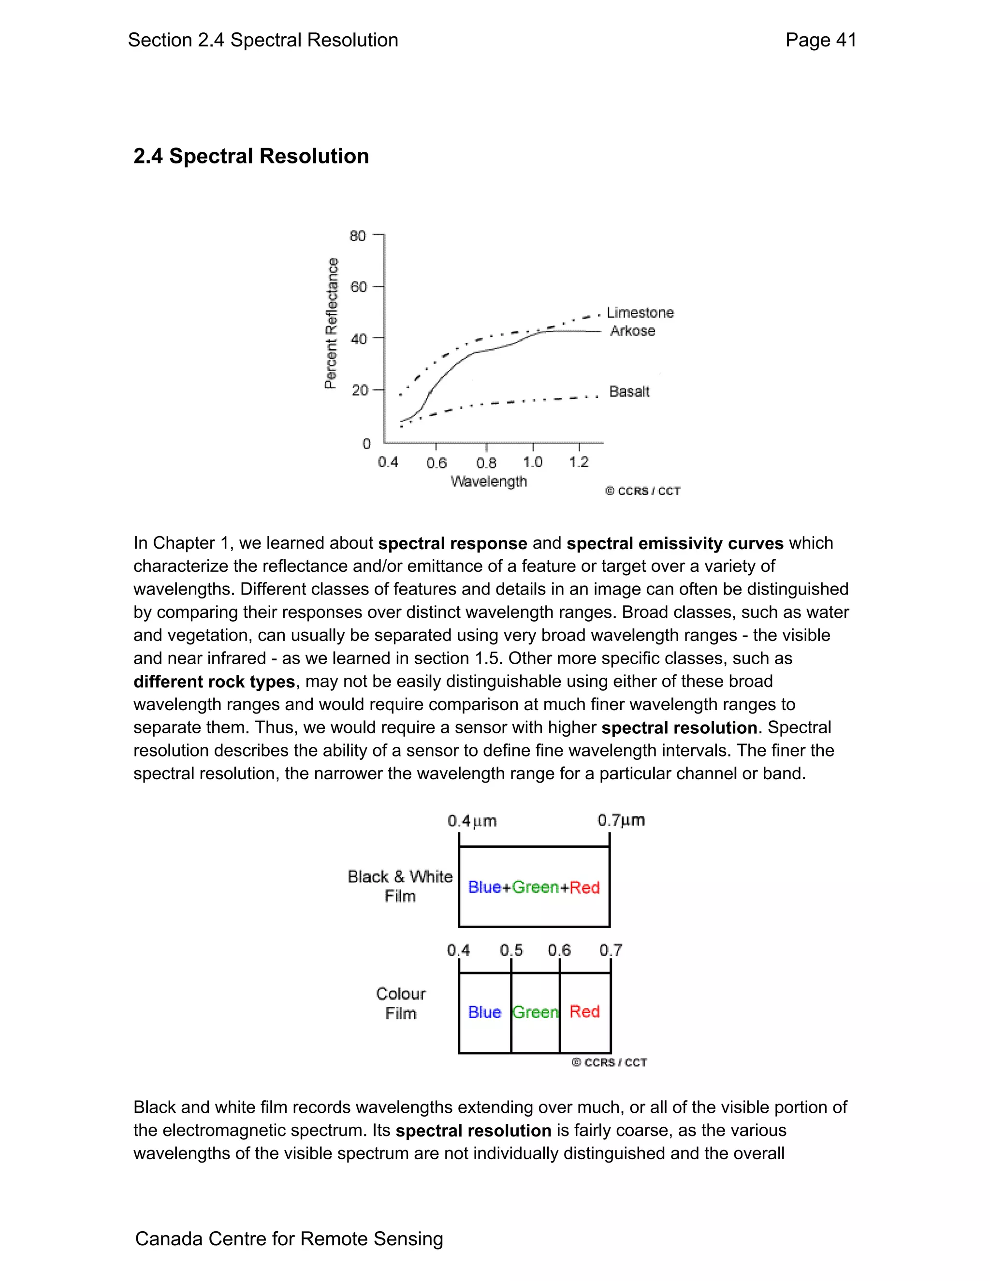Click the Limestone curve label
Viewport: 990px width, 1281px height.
(x=640, y=313)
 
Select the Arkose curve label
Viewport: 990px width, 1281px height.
(x=632, y=331)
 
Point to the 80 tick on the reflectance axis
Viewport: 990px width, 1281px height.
(x=358, y=236)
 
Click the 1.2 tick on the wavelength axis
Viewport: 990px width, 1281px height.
(x=579, y=462)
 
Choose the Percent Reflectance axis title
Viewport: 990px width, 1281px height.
(x=331, y=323)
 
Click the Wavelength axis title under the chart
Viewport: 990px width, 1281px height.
(x=489, y=481)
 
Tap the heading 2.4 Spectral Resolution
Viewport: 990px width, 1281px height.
(x=251, y=156)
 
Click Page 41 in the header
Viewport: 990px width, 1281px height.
(x=820, y=40)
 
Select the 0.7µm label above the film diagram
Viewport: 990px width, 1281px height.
(x=621, y=820)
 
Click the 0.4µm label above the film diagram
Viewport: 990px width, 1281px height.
(x=471, y=821)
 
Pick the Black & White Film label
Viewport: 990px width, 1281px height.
(x=400, y=886)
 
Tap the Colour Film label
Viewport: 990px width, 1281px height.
(x=401, y=1004)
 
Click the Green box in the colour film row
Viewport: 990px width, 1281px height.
(x=535, y=1012)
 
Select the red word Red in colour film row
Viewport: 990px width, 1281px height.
(x=584, y=1012)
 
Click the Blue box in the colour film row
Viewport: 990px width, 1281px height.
(x=484, y=1012)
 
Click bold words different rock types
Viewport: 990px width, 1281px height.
(x=214, y=682)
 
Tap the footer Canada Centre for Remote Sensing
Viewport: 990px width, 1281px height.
(x=289, y=1239)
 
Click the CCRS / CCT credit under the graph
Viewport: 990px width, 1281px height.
(x=643, y=491)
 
